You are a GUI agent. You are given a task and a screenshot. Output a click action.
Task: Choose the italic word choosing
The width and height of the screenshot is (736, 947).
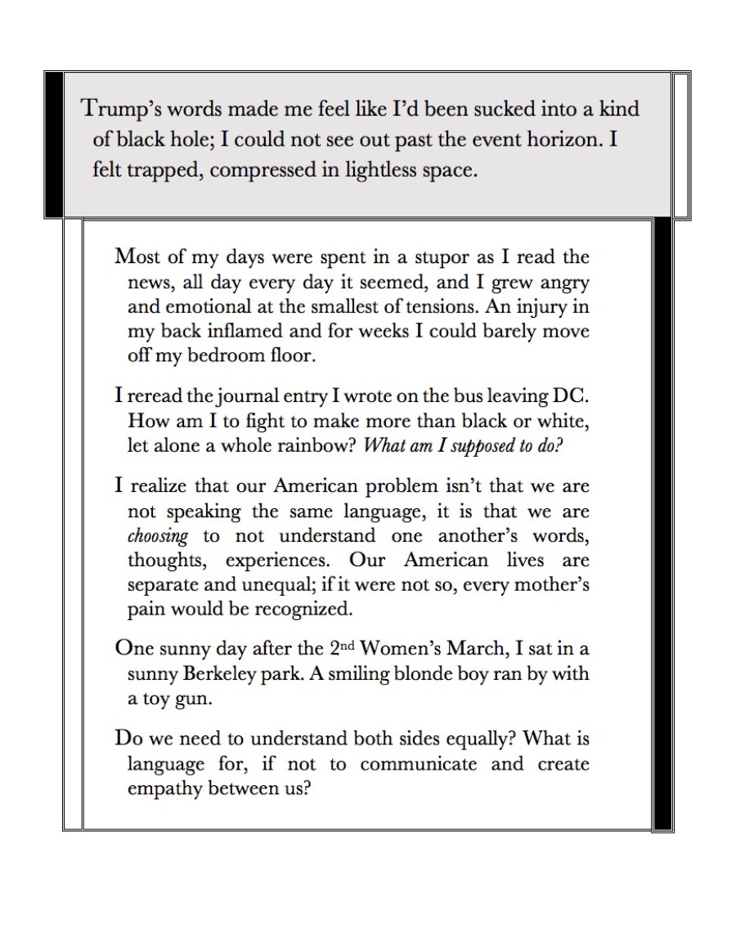pos(158,537)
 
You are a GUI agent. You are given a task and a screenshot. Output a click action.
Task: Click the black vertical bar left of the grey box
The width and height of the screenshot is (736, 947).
pos(54,144)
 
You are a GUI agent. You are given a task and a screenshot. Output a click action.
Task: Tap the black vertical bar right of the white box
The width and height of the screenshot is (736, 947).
pos(662,524)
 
